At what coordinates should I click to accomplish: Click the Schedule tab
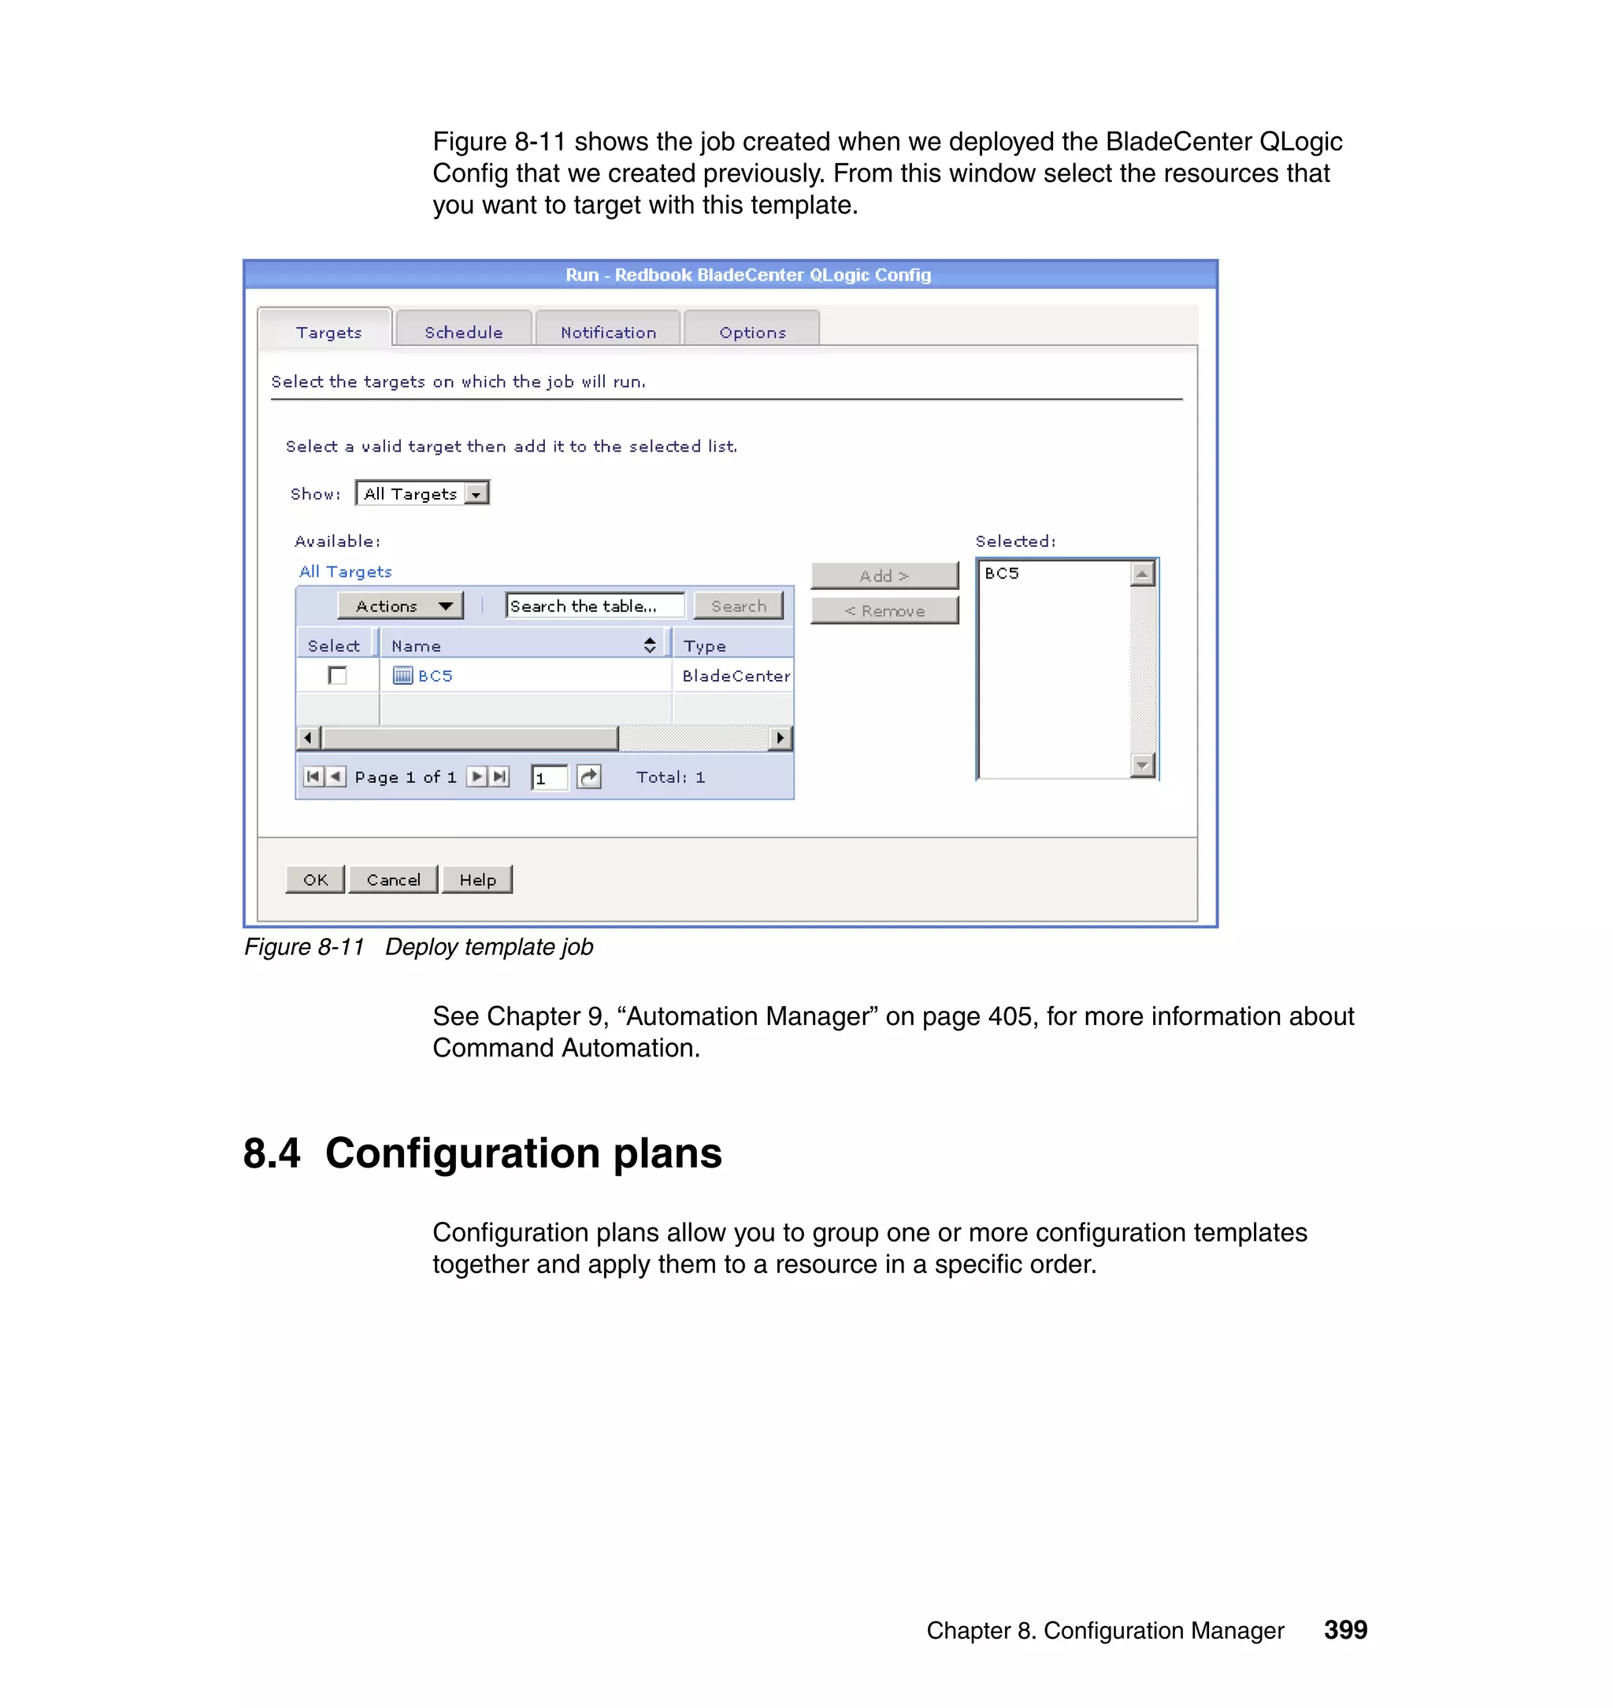(x=462, y=332)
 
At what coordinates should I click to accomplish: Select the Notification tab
(x=608, y=332)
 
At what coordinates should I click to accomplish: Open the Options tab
(x=752, y=332)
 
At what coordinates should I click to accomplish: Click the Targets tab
(x=328, y=332)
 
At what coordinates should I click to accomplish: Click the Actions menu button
(x=401, y=606)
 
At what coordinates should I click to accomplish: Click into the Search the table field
(x=594, y=606)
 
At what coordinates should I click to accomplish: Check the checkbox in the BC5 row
(x=337, y=675)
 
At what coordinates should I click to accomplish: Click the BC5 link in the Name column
(x=435, y=676)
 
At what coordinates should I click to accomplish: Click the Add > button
(x=884, y=575)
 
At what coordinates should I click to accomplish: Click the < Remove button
(x=884, y=611)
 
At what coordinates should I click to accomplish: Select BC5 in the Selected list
(x=1002, y=574)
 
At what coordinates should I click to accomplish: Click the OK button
(x=315, y=879)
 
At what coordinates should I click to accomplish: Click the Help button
(x=477, y=879)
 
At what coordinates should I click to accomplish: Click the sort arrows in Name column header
(x=650, y=645)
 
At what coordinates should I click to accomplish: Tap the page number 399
(x=1344, y=1629)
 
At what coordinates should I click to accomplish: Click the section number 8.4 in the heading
(x=272, y=1153)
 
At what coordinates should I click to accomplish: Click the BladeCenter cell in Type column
(x=735, y=676)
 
